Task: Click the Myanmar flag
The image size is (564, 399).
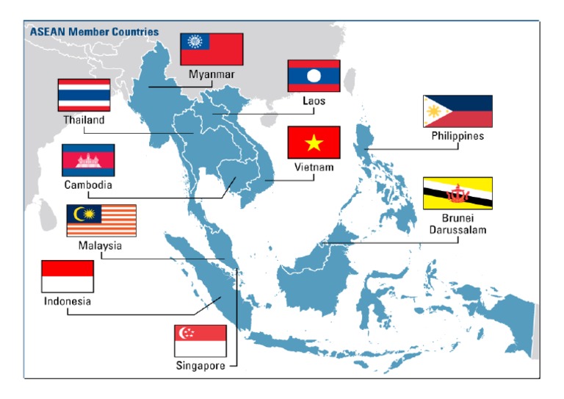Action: coord(211,48)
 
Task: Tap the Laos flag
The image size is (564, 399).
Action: coord(314,76)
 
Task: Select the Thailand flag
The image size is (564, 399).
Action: coord(84,95)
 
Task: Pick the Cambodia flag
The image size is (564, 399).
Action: coord(88,160)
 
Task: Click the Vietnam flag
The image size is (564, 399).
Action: coord(314,142)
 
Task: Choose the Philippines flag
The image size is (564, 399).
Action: coord(458,112)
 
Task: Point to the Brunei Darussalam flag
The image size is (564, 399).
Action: coord(458,193)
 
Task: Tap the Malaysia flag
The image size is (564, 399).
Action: coord(101,220)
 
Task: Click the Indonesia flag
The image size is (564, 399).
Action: coord(68,277)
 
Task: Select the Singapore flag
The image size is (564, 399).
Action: coord(200,341)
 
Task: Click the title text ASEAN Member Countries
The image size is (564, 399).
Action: coord(93,32)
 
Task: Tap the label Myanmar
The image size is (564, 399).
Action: coord(211,75)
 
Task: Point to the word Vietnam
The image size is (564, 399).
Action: coord(314,168)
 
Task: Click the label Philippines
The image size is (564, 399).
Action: coord(458,136)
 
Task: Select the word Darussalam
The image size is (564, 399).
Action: coord(458,230)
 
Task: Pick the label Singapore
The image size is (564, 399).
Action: coord(200,365)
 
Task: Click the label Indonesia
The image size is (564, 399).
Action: coord(68,301)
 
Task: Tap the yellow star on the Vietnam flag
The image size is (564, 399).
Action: coord(314,141)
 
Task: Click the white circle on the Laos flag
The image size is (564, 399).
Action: coord(314,76)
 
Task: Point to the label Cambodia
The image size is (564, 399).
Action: coord(88,184)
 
